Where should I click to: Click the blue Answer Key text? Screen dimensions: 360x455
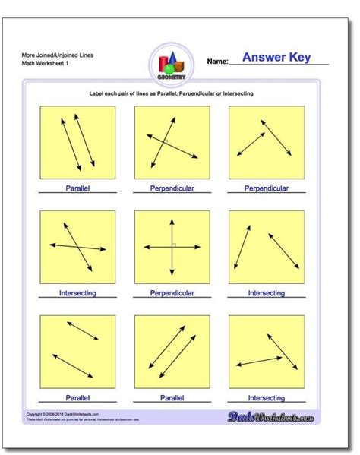tap(276, 58)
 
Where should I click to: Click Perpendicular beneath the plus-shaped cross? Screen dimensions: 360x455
tap(172, 292)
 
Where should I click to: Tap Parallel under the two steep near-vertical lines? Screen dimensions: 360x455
tap(77, 188)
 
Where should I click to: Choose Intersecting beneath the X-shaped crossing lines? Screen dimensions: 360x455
tap(77, 292)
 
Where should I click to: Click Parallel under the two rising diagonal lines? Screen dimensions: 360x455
tap(172, 397)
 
